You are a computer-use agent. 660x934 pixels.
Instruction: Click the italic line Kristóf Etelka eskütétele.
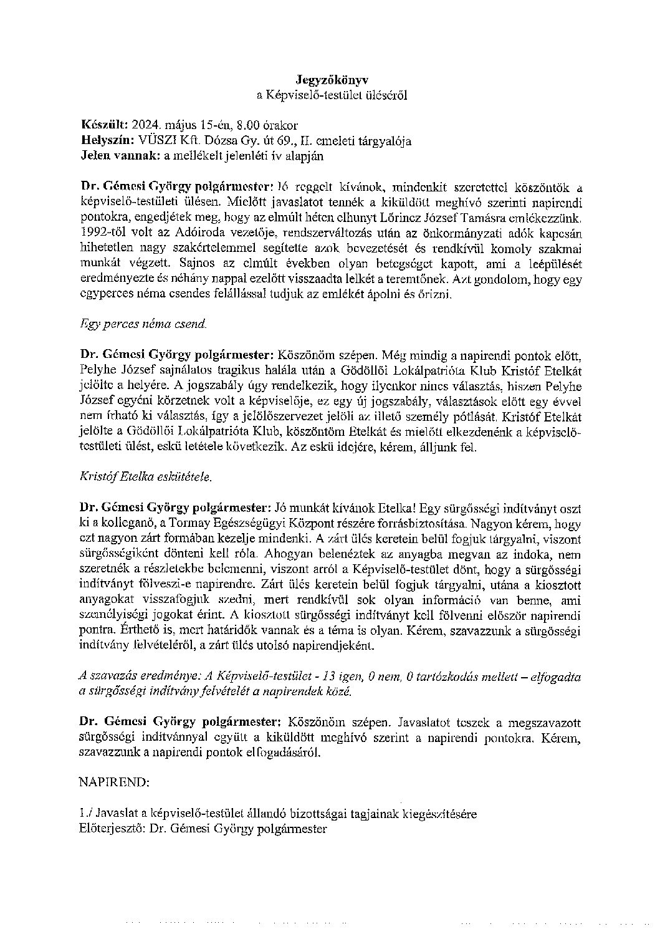[146, 477]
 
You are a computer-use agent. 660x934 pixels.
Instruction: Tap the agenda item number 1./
[86, 814]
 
